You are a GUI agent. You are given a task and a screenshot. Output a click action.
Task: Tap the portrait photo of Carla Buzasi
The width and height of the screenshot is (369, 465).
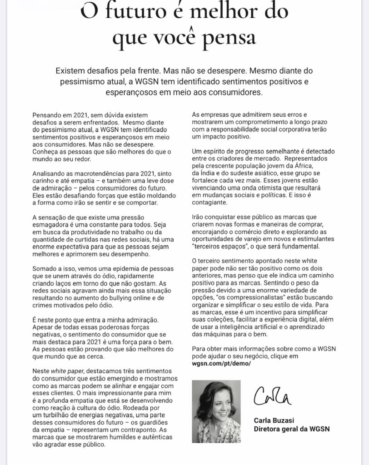216,411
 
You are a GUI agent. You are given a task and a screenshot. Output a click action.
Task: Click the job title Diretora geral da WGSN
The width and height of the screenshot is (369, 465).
291,428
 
